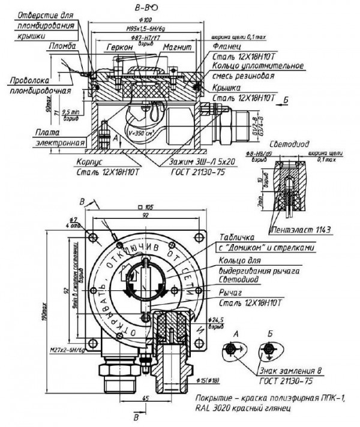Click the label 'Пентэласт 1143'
(302, 230)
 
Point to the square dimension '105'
(147, 207)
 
